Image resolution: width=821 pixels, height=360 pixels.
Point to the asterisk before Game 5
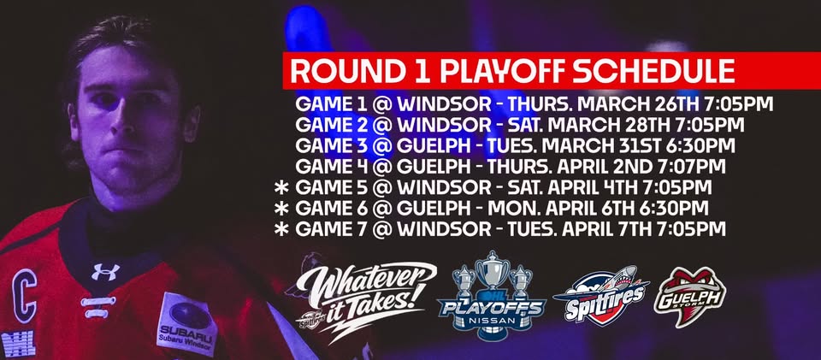pos(281,187)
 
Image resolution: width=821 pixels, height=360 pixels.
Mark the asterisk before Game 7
pos(281,229)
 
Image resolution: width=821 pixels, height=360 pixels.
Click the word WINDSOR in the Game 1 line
pos(444,103)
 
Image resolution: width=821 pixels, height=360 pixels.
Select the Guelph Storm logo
pos(689,296)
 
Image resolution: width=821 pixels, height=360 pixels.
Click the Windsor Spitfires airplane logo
pos(600,294)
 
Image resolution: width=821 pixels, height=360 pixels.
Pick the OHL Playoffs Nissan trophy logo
pos(493,296)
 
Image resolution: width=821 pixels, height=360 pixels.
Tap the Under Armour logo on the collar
pos(105,272)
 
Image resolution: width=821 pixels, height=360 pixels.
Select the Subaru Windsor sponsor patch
pos(187,324)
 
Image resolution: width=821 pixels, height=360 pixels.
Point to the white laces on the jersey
pos(98,307)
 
